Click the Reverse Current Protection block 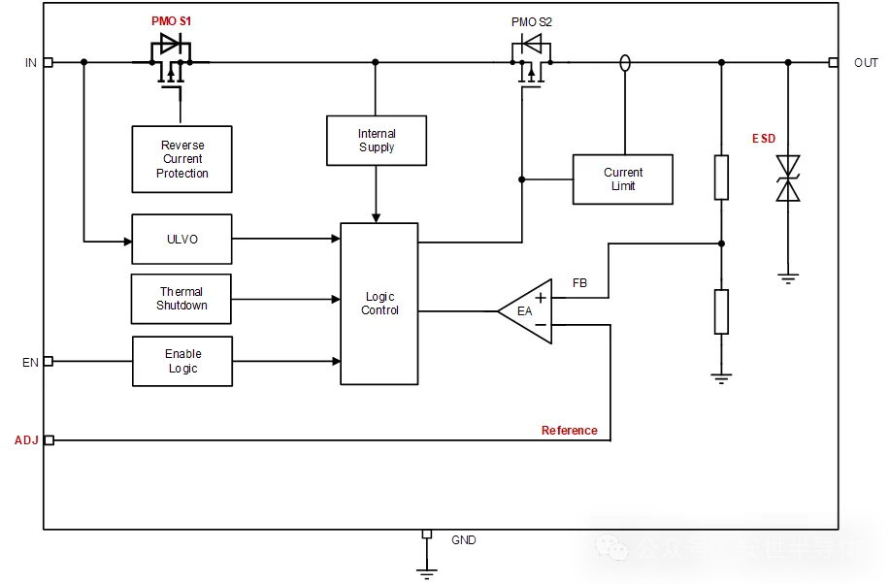coord(181,159)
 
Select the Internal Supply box coord(376,141)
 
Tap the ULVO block coord(181,239)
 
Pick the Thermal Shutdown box coord(181,299)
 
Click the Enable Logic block coord(181,362)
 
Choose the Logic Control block coord(379,304)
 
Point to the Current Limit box coord(622,179)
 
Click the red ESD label coord(764,139)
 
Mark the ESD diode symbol coord(788,178)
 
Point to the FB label coord(579,283)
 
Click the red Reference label coord(570,431)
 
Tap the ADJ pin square coord(49,440)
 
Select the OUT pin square coord(833,62)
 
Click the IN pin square coord(48,62)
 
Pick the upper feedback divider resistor coord(721,178)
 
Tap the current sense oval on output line coord(625,63)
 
